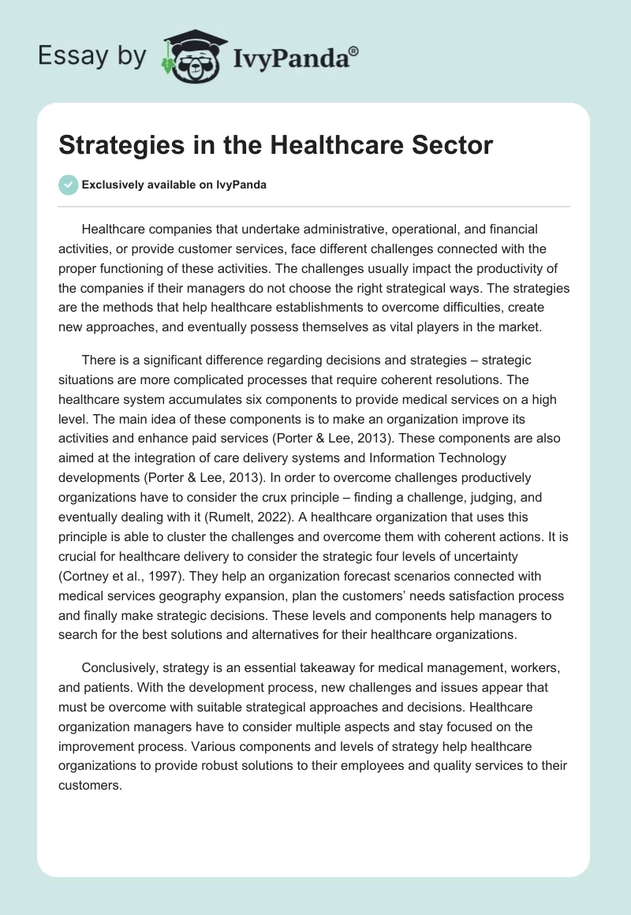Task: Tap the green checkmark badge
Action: [x=68, y=185]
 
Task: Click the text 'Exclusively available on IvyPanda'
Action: [x=174, y=185]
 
